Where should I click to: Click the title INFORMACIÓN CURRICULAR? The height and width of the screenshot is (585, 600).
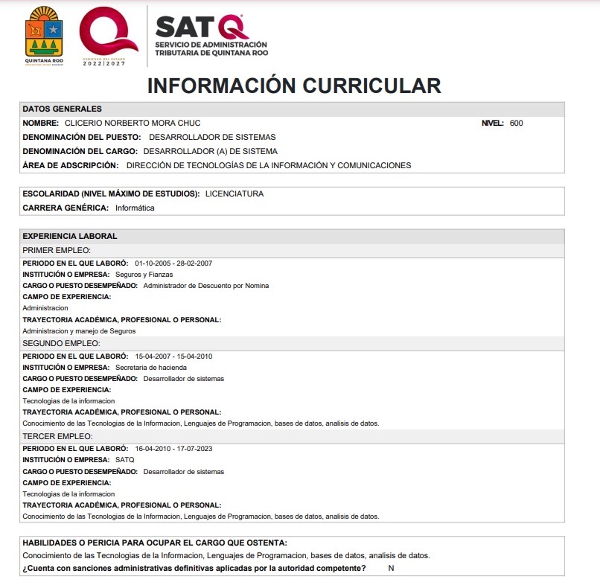pyautogui.click(x=294, y=86)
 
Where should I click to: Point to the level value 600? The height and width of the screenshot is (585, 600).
pyautogui.click(x=517, y=123)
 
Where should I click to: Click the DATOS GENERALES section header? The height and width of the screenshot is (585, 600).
pyautogui.click(x=63, y=109)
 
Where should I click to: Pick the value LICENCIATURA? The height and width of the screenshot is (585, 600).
pyautogui.click(x=234, y=194)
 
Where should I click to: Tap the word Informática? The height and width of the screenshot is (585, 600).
pyautogui.click(x=135, y=208)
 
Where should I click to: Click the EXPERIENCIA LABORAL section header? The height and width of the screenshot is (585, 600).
pyautogui.click(x=70, y=236)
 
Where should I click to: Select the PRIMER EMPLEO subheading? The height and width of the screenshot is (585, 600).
pyautogui.click(x=57, y=250)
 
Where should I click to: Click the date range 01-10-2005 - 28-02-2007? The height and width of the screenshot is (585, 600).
pyautogui.click(x=173, y=263)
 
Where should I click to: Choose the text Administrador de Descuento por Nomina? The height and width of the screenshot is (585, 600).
pyautogui.click(x=206, y=285)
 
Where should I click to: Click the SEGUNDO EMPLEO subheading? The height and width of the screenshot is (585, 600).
pyautogui.click(x=61, y=343)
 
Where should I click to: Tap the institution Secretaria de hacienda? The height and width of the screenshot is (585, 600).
pyautogui.click(x=151, y=367)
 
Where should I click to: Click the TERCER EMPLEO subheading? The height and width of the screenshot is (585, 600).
pyautogui.click(x=57, y=435)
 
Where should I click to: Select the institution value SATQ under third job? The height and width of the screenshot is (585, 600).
pyautogui.click(x=125, y=460)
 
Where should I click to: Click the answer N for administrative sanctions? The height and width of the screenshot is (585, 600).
pyautogui.click(x=390, y=569)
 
